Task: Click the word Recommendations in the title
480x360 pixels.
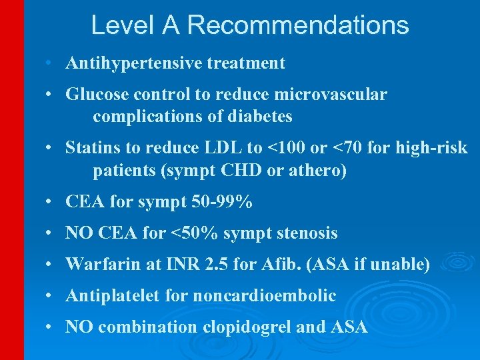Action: pos(298,25)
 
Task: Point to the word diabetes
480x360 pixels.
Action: pos(260,117)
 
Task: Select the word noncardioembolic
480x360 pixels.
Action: pos(265,296)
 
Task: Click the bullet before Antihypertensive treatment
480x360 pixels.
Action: pos(50,63)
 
